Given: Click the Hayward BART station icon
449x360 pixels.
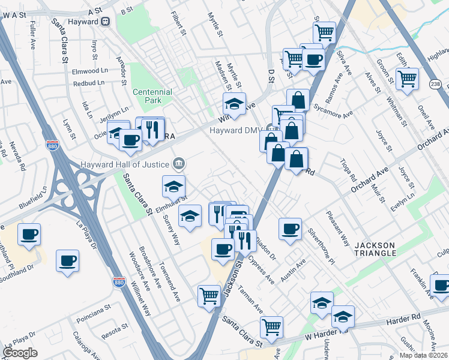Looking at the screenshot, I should click(x=106, y=20).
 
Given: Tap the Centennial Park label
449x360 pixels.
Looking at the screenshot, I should click(x=152, y=97).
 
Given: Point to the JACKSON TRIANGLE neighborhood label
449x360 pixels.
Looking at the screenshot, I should click(x=375, y=249).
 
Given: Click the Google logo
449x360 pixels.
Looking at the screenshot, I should click(x=20, y=353).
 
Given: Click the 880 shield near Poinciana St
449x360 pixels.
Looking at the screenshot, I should click(x=119, y=281).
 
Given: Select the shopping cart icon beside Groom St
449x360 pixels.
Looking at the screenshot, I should click(x=407, y=78).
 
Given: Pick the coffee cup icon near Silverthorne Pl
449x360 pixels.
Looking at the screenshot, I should click(x=290, y=229).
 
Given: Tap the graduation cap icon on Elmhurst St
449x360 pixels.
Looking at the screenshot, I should click(x=173, y=186).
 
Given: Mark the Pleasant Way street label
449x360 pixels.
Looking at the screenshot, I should click(x=337, y=229).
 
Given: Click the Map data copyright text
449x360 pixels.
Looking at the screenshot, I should click(x=423, y=355).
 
